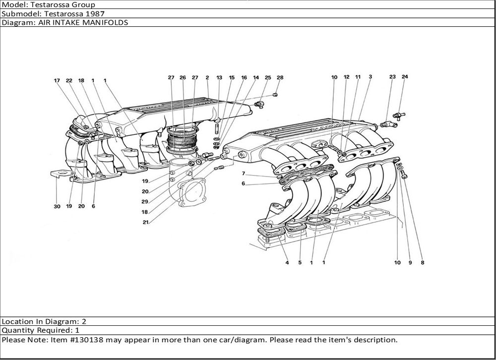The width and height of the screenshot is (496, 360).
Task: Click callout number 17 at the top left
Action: click(x=57, y=80)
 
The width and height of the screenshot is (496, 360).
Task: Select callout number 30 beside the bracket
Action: click(x=57, y=206)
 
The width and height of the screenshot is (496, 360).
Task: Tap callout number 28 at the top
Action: click(x=280, y=77)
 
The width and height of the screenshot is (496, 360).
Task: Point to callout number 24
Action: click(x=405, y=77)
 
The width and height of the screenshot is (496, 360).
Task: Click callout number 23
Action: click(x=392, y=77)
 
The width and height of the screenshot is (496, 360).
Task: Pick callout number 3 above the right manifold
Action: click(x=370, y=77)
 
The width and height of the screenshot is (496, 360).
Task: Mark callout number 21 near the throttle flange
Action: click(x=145, y=222)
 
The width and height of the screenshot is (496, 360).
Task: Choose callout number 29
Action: click(x=145, y=201)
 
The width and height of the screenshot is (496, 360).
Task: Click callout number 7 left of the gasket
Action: click(x=244, y=174)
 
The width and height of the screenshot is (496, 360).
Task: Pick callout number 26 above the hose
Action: click(x=183, y=77)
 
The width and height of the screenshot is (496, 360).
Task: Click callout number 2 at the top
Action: click(x=207, y=77)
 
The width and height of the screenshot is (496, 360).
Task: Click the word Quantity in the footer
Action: click(x=17, y=330)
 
